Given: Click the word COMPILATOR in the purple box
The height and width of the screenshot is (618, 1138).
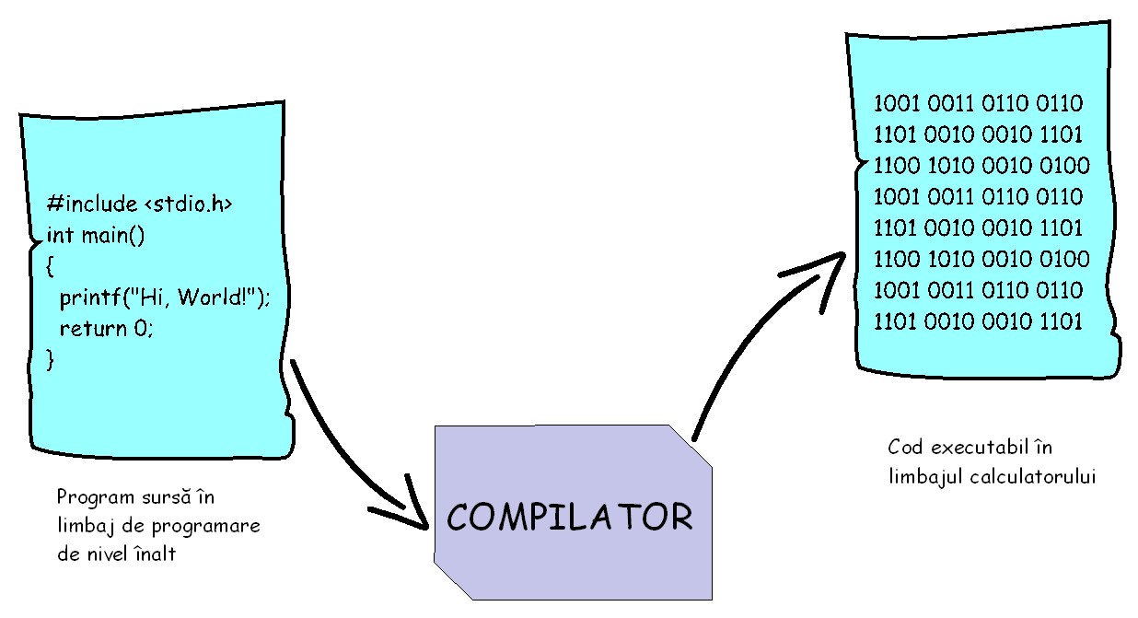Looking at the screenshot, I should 569,517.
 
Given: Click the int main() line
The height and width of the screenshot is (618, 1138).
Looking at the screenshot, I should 95,235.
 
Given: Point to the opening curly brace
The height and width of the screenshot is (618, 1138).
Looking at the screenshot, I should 50,267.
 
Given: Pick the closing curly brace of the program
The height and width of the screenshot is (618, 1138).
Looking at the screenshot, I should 50,359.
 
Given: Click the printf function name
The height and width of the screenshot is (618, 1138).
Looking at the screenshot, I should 90,298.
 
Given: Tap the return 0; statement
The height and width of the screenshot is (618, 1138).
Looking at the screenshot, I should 106,328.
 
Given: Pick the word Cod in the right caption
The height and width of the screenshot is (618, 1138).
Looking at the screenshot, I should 905,449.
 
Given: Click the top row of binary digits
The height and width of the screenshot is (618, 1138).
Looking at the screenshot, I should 978,103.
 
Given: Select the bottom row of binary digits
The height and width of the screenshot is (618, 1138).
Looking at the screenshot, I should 978,322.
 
